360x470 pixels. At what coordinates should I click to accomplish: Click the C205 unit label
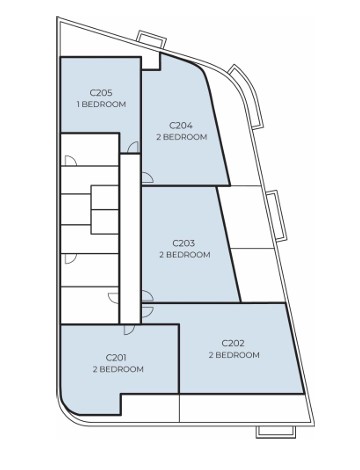click(x=101, y=93)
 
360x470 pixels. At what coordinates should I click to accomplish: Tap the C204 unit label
click(x=181, y=126)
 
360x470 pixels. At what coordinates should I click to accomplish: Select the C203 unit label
click(x=184, y=243)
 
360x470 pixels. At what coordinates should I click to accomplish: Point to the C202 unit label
click(x=233, y=343)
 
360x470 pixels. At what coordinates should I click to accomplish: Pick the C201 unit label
click(x=116, y=358)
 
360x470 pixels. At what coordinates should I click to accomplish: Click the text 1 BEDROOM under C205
click(x=101, y=104)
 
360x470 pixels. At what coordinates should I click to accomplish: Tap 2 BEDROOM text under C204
click(x=182, y=137)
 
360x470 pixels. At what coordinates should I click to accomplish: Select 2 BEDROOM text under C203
click(x=185, y=255)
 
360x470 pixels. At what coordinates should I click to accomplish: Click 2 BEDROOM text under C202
click(x=234, y=355)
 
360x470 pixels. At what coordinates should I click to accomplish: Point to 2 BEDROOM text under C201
click(x=118, y=369)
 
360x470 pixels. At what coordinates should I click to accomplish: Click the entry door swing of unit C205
click(x=133, y=147)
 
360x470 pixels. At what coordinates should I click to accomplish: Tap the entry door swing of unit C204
click(x=147, y=178)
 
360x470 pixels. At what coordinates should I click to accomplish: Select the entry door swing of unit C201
click(x=129, y=329)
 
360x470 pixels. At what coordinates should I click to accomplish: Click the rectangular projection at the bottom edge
click(x=275, y=431)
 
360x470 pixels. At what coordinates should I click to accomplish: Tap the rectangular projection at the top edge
click(x=152, y=40)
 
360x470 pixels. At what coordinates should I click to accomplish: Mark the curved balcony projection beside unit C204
click(x=247, y=95)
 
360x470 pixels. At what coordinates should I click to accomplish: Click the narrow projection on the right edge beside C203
click(x=278, y=215)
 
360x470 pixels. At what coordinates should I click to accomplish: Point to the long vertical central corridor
click(x=130, y=239)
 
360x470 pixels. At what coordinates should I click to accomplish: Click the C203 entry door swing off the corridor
click(x=148, y=296)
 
